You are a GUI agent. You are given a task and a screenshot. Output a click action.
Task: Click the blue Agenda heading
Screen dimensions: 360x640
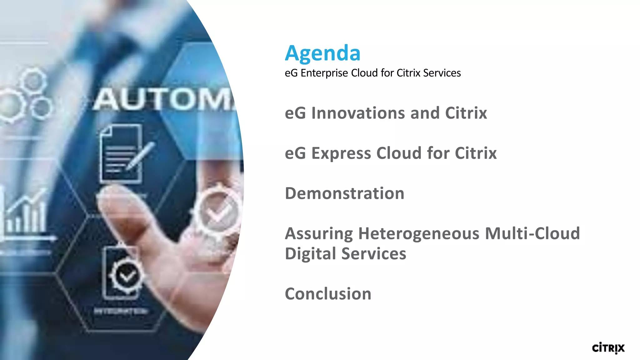click(322, 53)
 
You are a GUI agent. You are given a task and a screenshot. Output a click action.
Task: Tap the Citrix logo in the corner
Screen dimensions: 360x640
click(608, 348)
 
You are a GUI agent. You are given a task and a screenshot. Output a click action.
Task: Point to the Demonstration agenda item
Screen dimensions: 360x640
click(344, 193)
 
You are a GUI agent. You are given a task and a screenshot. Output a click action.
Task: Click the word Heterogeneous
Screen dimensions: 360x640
click(418, 233)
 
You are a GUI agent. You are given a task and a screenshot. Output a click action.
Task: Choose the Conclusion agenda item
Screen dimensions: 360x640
click(328, 294)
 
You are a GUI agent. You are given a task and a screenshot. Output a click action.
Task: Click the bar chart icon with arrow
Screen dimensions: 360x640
click(25, 216)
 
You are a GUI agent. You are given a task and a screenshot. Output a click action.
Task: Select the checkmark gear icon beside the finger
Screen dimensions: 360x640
click(218, 210)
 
